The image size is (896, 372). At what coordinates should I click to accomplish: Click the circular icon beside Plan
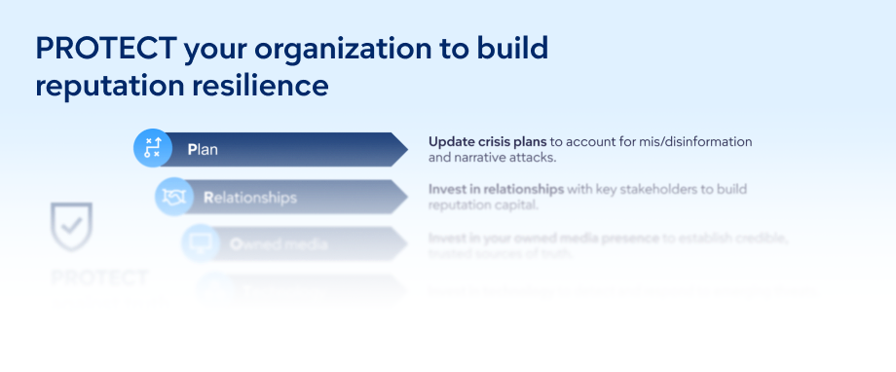152,148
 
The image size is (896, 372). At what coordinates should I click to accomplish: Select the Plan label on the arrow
203,150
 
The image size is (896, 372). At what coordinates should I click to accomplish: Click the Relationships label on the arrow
249,198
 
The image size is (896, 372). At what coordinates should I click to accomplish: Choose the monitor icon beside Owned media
200,242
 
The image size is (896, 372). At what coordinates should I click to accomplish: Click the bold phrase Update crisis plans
487,141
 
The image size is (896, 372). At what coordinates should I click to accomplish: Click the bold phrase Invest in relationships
496,189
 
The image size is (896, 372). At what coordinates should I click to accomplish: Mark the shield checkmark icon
71,226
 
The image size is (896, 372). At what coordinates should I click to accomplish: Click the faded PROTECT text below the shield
99,279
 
